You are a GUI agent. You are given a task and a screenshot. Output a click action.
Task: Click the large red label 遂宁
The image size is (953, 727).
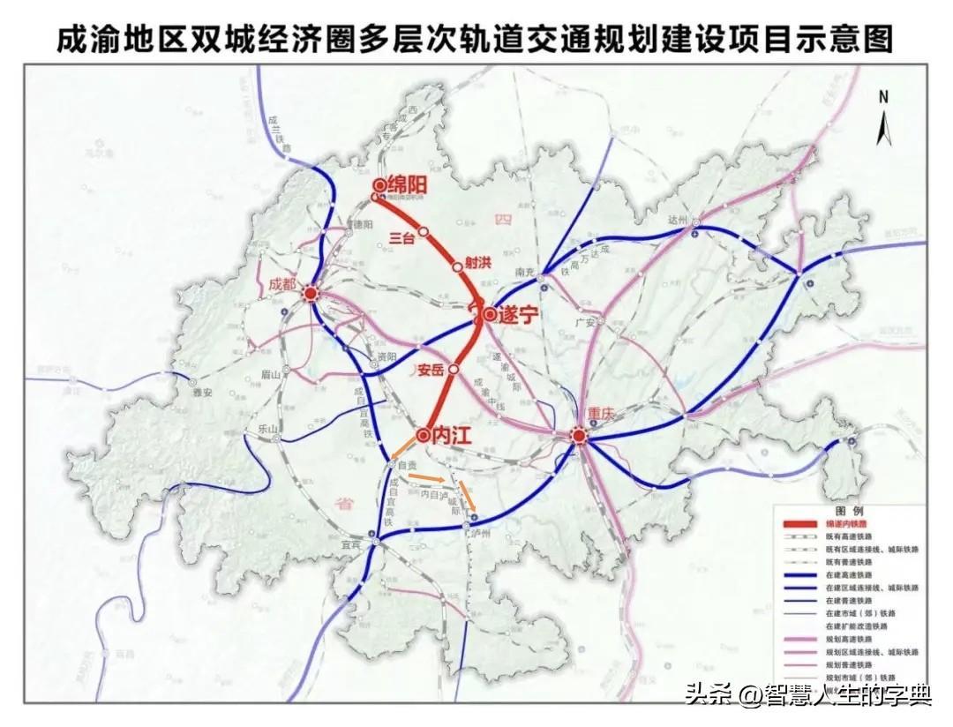(517, 315)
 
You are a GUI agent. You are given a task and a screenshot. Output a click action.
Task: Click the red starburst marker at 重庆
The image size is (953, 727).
(578, 435)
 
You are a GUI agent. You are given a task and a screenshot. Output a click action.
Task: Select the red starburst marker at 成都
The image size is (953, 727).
(311, 296)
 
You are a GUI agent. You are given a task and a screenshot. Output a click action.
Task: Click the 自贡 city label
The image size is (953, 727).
(407, 465)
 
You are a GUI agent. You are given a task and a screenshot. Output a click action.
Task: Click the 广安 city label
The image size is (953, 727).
(583, 323)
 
